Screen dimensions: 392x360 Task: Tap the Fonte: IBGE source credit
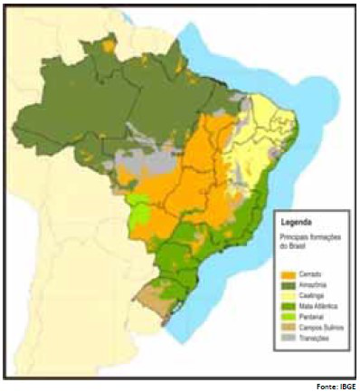click(x=340, y=386)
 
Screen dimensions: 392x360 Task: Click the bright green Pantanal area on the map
click(x=138, y=209)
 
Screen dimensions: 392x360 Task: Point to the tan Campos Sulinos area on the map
click(x=151, y=294)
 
